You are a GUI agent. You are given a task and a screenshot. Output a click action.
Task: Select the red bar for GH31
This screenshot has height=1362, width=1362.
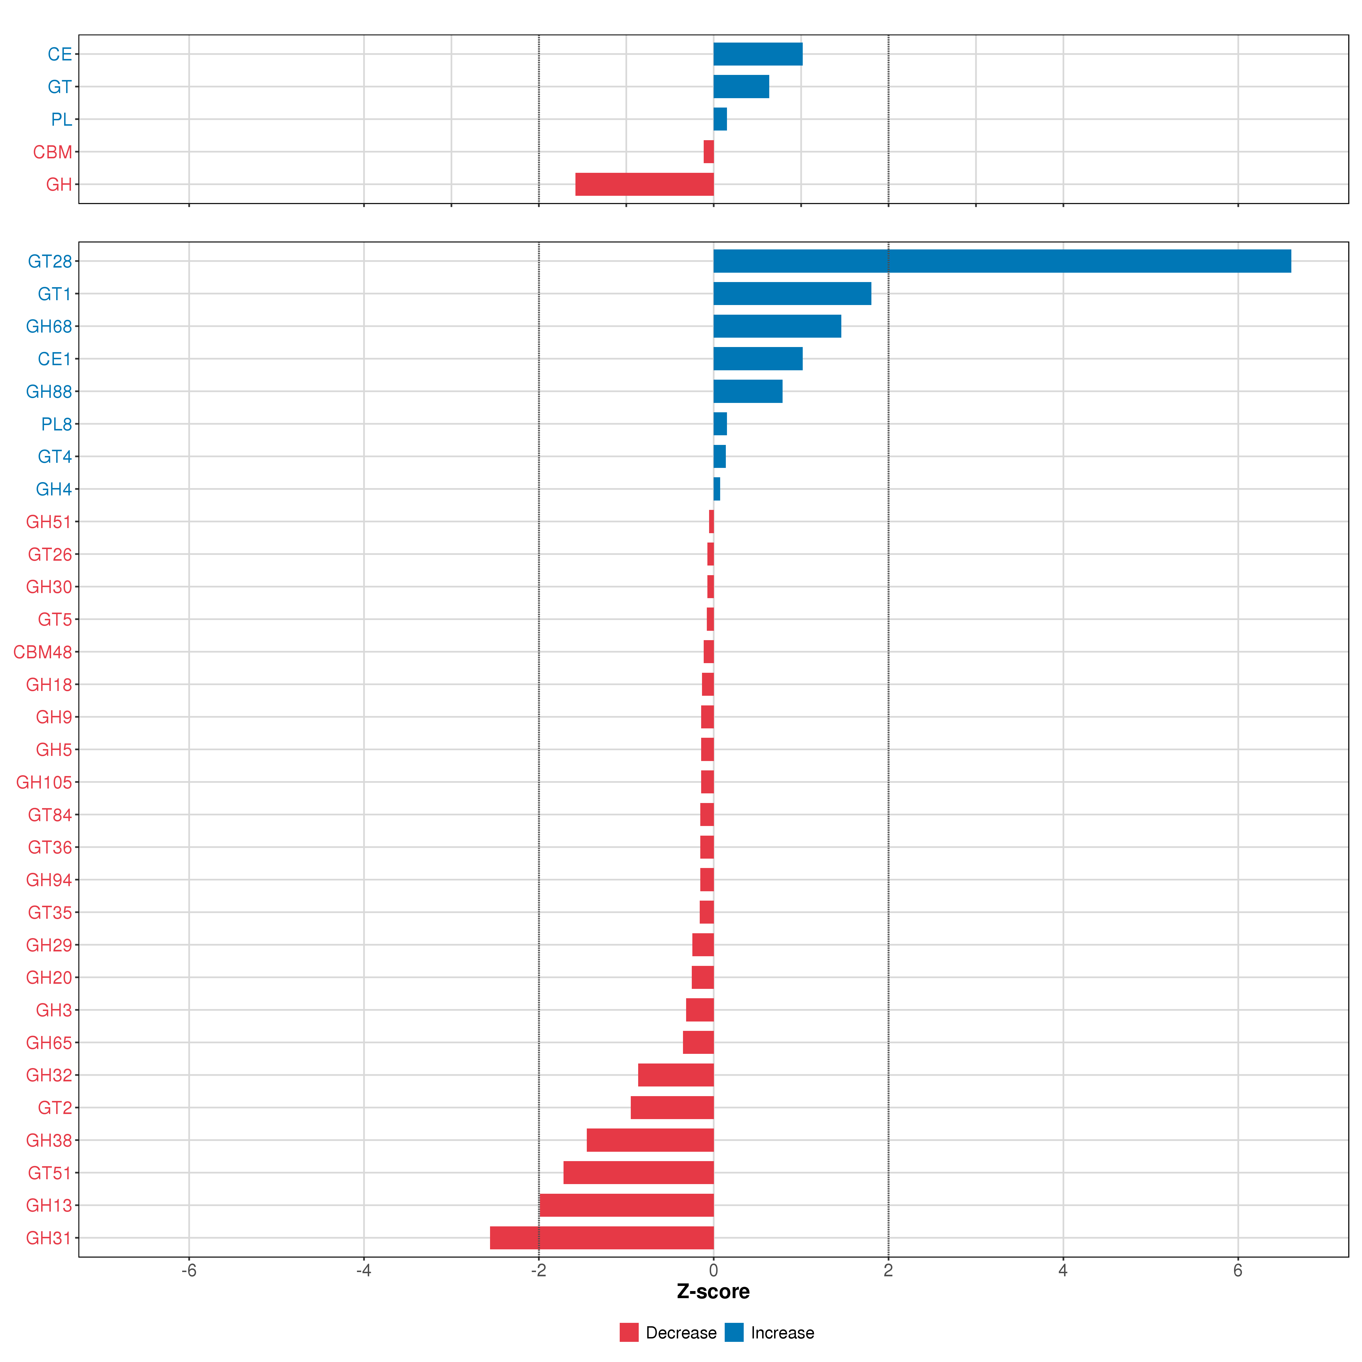coord(601,1238)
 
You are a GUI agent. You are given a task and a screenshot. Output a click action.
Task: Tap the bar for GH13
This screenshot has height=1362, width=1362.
coord(626,1205)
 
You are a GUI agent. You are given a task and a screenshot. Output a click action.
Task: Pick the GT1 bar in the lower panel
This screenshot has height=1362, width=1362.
coord(792,293)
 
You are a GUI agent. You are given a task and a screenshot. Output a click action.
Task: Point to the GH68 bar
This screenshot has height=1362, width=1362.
coord(777,326)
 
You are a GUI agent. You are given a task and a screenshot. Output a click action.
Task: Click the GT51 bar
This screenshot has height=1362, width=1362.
coord(638,1173)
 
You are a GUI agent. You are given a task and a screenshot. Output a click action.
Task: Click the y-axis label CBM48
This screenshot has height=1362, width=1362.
coord(42,652)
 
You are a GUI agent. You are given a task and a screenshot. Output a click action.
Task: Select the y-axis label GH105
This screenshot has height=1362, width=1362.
coord(44,783)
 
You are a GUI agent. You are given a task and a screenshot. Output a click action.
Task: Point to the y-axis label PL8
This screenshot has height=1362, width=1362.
coord(56,424)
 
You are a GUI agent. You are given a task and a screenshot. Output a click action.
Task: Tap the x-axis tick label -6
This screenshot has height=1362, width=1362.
coord(188,1271)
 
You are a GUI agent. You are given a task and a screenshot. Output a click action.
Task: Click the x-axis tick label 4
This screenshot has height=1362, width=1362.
coord(1062,1271)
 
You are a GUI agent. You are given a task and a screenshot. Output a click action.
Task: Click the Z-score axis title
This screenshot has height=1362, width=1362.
coord(713,1292)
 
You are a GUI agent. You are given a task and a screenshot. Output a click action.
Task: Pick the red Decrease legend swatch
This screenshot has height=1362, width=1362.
coord(629,1332)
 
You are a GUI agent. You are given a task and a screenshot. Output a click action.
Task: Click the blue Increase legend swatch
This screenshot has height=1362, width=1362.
coord(734,1332)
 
